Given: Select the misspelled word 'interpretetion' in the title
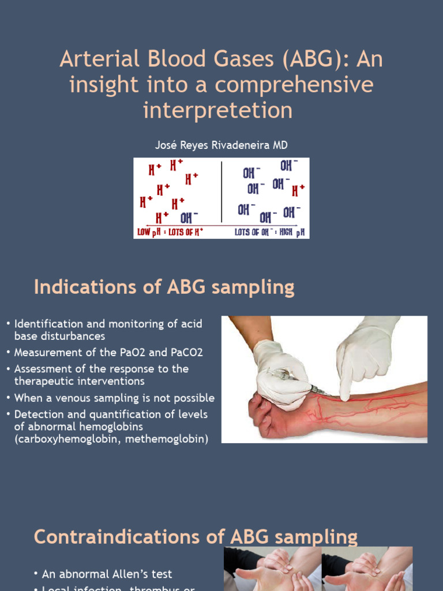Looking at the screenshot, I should click(x=217, y=110).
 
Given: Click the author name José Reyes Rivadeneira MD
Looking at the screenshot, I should click(x=221, y=145).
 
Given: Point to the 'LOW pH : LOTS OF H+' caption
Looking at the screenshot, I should click(x=171, y=232).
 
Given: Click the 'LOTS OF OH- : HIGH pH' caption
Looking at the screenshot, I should click(x=269, y=232).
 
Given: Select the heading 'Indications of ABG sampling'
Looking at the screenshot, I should click(x=164, y=287).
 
